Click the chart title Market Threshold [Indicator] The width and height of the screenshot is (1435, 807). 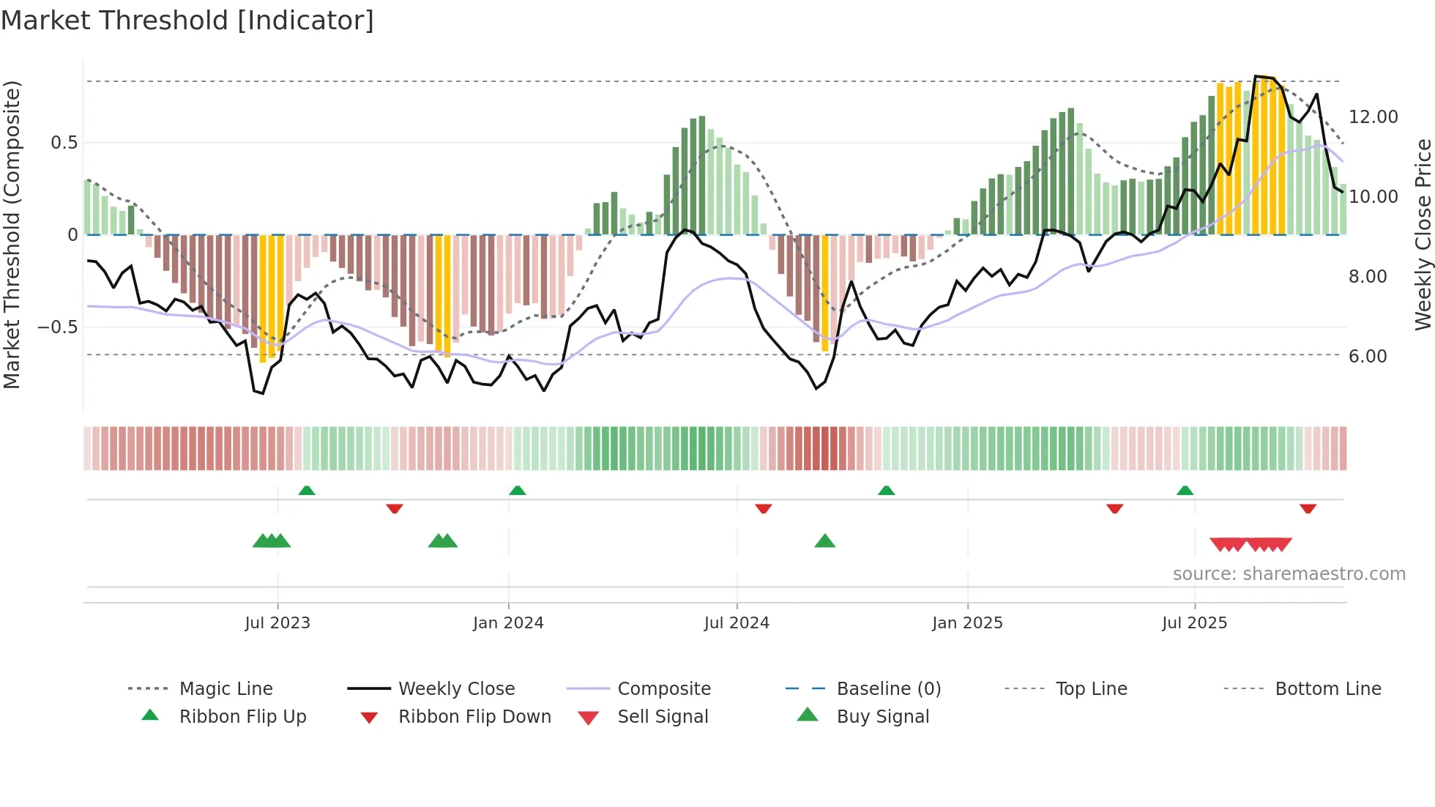(x=187, y=21)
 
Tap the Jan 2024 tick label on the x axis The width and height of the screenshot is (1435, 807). (x=508, y=623)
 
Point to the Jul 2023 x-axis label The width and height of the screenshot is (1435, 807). (x=277, y=623)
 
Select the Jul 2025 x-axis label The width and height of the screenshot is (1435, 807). (x=1194, y=623)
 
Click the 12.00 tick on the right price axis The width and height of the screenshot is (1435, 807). (x=1373, y=117)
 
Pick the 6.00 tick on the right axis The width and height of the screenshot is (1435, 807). (x=1367, y=357)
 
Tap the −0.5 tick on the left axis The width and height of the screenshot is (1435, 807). (x=57, y=327)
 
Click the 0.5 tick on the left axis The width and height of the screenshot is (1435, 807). (x=64, y=143)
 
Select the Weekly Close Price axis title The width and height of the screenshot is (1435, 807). (x=1423, y=234)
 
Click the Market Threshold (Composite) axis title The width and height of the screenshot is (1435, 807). (x=12, y=234)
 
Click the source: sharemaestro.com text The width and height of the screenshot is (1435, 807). (x=1289, y=574)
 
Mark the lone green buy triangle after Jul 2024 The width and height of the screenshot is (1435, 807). (x=825, y=541)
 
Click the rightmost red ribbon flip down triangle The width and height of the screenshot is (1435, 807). (x=1308, y=509)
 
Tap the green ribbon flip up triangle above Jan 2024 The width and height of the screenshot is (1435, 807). (x=518, y=490)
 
